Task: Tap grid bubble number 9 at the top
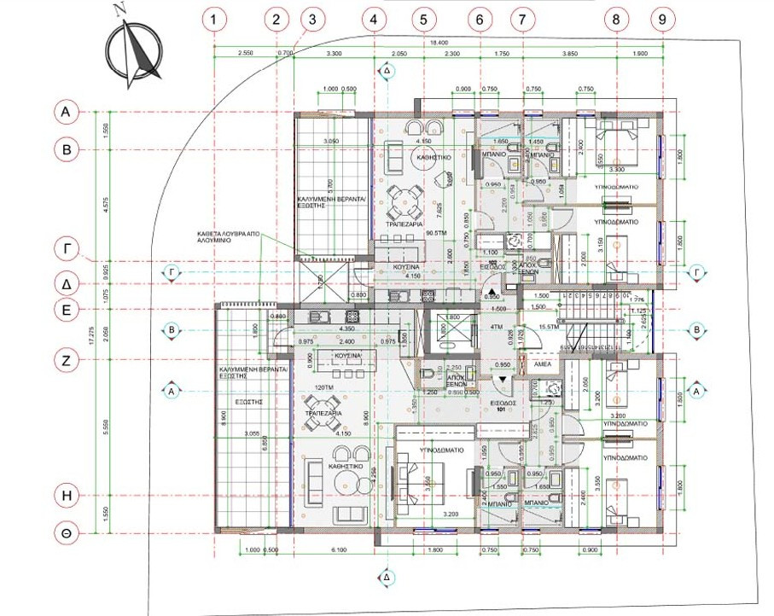(662, 19)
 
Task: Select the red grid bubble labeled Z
(65, 360)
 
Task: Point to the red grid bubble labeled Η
(65, 494)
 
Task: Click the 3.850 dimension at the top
(570, 54)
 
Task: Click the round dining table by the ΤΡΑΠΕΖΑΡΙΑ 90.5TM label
(402, 202)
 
